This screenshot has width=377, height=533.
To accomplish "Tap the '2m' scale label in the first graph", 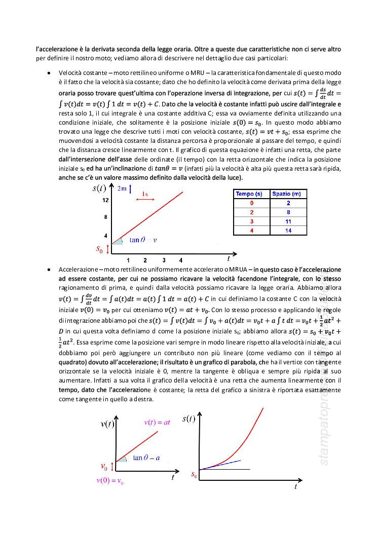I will [x=122, y=189].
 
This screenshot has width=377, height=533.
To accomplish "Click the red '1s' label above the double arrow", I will [x=145, y=194].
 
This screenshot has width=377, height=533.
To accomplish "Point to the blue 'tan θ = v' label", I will [x=143, y=240].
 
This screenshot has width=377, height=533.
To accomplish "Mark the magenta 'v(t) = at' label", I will [x=158, y=422].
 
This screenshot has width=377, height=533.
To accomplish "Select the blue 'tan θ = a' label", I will [x=146, y=458].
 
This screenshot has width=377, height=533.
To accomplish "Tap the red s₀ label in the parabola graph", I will [x=194, y=475].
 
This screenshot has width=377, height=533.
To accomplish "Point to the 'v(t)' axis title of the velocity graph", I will [x=110, y=424].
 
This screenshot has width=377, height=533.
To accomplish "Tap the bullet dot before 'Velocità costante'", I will [x=49, y=73].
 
